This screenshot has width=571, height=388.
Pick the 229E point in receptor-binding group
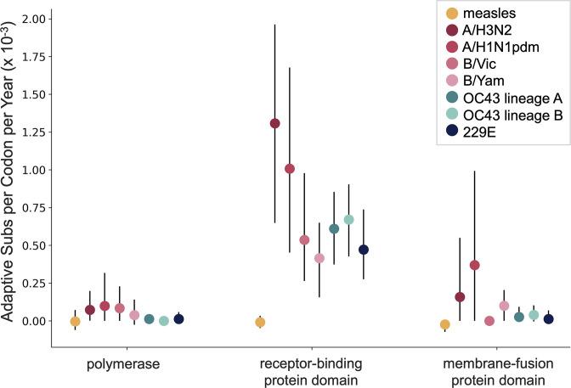pyautogui.click(x=364, y=250)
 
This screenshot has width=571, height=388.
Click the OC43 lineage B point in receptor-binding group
pyautogui.click(x=348, y=220)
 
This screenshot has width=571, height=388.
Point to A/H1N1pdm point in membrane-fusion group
pyautogui.click(x=474, y=266)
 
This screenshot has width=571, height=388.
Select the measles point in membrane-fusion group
pyautogui.click(x=444, y=324)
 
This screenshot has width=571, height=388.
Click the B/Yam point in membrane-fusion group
pyautogui.click(x=504, y=306)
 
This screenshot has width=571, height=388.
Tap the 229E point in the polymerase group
pyautogui.click(x=178, y=319)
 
